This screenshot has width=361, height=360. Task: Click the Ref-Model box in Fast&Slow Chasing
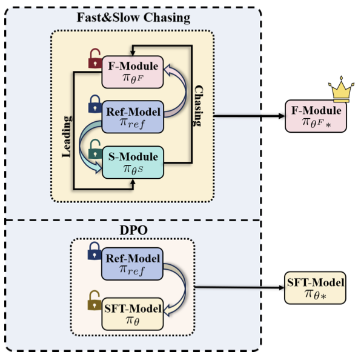pyautogui.click(x=133, y=116)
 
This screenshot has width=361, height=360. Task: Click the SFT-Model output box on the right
pyautogui.click(x=314, y=287)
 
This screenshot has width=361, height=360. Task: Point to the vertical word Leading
pyautogui.click(x=67, y=133)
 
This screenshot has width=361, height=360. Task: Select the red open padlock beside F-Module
pyautogui.click(x=95, y=59)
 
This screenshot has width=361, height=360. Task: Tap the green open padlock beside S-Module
pyautogui.click(x=95, y=148)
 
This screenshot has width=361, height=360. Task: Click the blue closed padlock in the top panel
pyautogui.click(x=95, y=105)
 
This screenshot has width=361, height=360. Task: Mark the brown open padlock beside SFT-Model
pyautogui.click(x=95, y=299)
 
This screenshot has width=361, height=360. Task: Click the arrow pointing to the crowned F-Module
pyautogui.click(x=248, y=116)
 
